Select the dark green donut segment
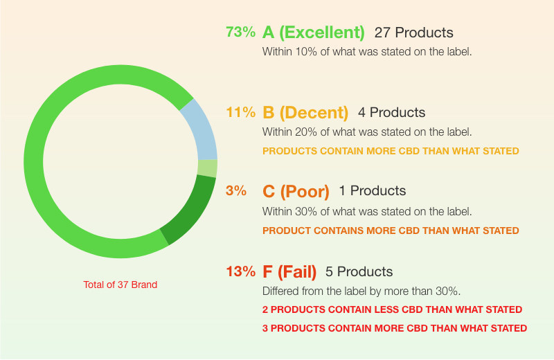tap(191, 210)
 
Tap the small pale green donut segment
tap(207, 168)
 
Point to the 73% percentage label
tap(240, 32)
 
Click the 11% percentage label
tap(240, 112)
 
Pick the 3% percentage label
tap(236, 191)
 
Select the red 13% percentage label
tap(240, 271)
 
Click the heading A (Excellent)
tap(314, 33)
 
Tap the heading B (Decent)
tap(305, 113)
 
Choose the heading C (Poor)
tap(296, 192)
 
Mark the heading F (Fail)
tap(289, 272)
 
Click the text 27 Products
tap(413, 33)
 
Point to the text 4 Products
tap(391, 112)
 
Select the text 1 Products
tap(373, 191)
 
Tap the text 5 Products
tap(359, 271)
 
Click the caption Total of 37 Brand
tap(120, 285)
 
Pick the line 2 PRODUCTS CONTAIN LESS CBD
tap(392, 309)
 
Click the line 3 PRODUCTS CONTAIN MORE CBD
tap(394, 328)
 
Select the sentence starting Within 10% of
tap(367, 52)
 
